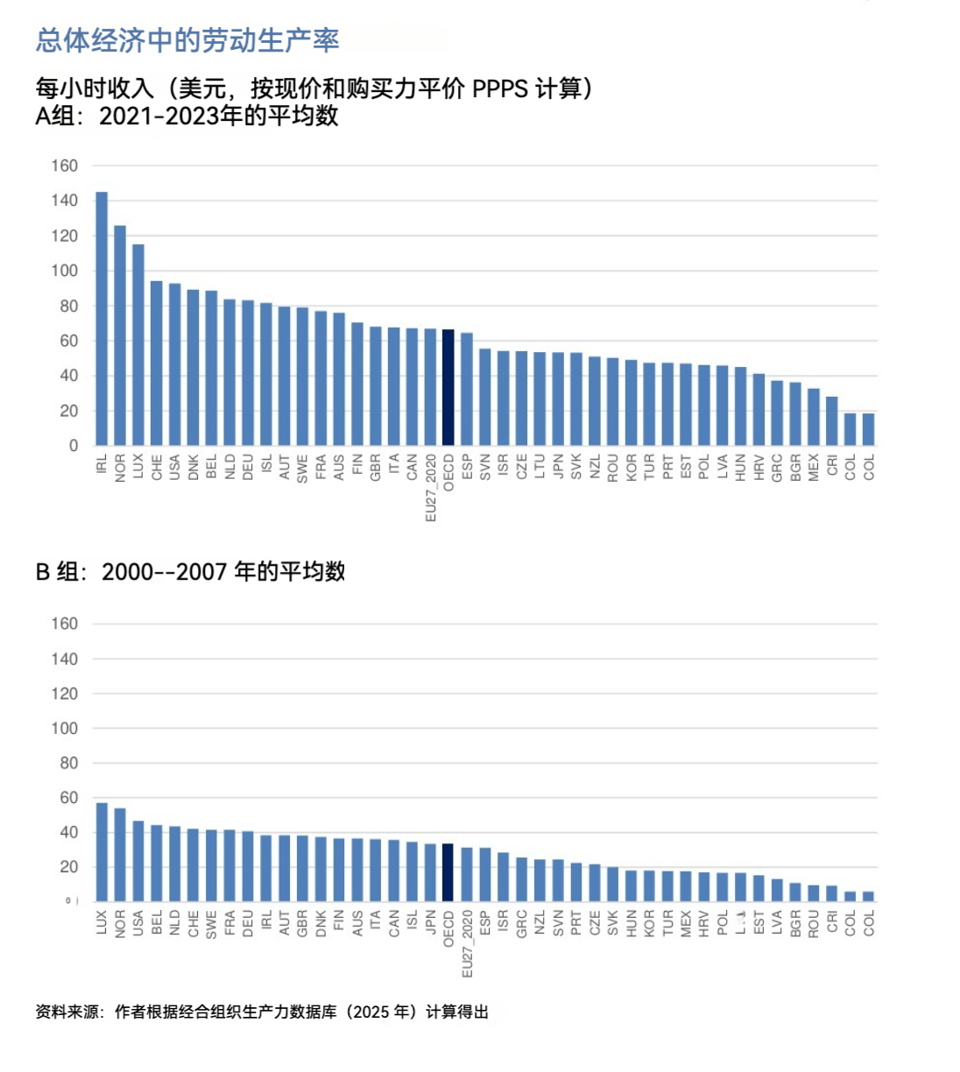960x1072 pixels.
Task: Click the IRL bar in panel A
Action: pyautogui.click(x=102, y=319)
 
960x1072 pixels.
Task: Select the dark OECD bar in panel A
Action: pyautogui.click(x=448, y=387)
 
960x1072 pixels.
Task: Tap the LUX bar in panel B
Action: pyautogui.click(x=102, y=852)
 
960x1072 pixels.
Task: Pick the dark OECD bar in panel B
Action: pyautogui.click(x=448, y=872)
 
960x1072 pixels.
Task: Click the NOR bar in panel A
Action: pyautogui.click(x=120, y=335)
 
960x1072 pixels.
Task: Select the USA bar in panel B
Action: pyautogui.click(x=138, y=861)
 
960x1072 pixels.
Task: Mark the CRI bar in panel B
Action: pyautogui.click(x=832, y=893)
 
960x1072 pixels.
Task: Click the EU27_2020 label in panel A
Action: pyautogui.click(x=430, y=488)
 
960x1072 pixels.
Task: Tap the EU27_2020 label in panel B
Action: pyautogui.click(x=467, y=944)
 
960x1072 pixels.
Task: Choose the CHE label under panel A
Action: pyautogui.click(x=157, y=467)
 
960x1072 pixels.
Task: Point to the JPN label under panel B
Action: pyautogui.click(x=430, y=923)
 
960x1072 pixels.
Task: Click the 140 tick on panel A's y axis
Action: pyautogui.click(x=64, y=201)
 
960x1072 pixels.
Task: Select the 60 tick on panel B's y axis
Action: pyautogui.click(x=68, y=798)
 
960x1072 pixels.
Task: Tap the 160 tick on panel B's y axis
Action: pyautogui.click(x=64, y=624)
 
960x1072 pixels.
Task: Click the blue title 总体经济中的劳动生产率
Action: pyautogui.click(x=187, y=40)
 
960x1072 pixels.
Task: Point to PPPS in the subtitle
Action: pyautogui.click(x=500, y=88)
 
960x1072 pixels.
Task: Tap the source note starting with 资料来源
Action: pyautogui.click(x=262, y=1012)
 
